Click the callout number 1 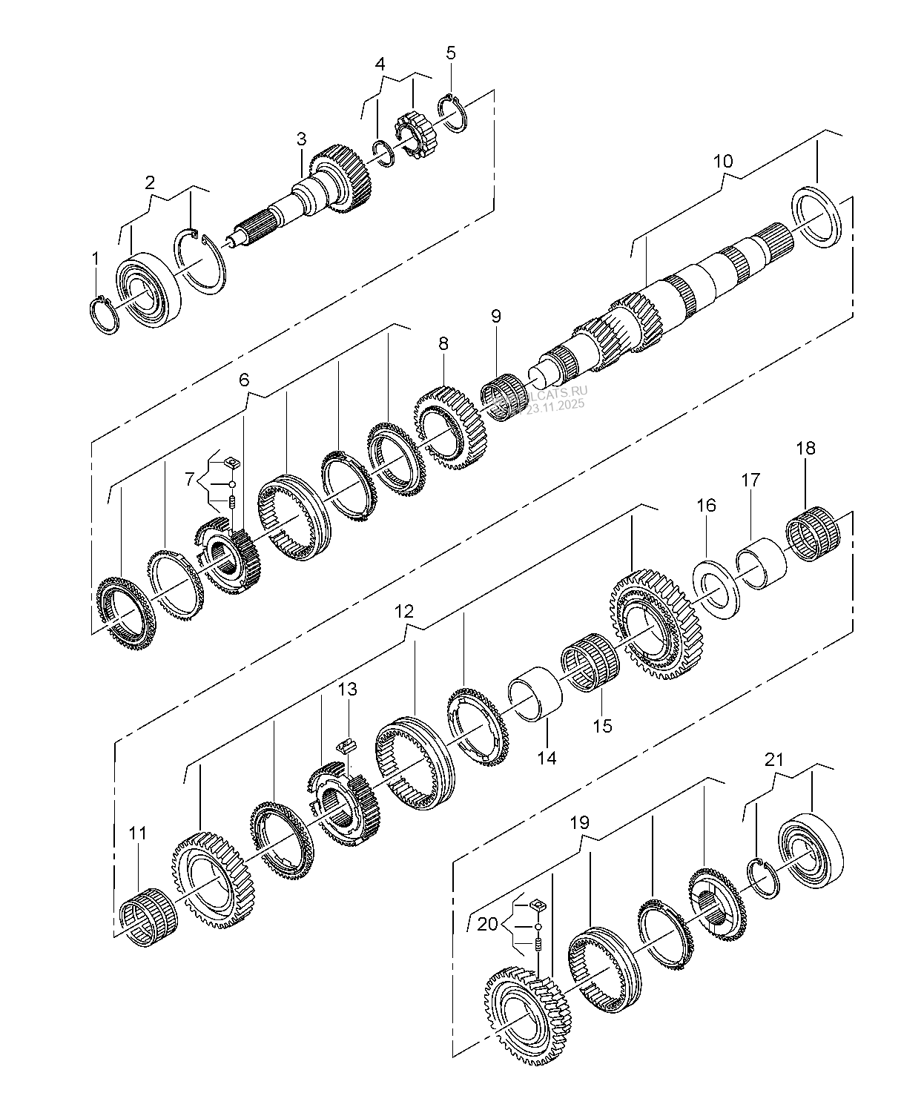tap(95, 258)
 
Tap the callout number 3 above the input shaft tap(301, 139)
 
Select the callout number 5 tap(451, 53)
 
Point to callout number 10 tap(723, 161)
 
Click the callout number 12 tap(404, 612)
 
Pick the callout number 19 tap(579, 822)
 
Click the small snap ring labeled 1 tap(104, 315)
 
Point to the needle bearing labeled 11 tap(148, 916)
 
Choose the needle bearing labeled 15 tap(590, 659)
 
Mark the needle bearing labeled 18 tap(812, 528)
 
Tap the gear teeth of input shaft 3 tap(345, 179)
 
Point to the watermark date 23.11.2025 tap(555, 405)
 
